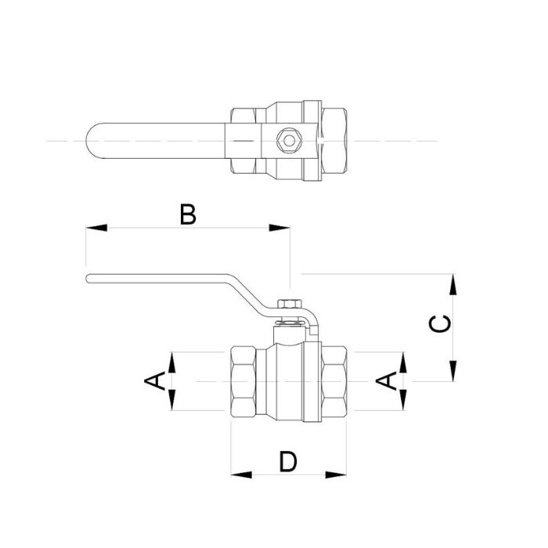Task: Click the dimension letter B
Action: pyautogui.click(x=186, y=214)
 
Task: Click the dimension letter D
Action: pyautogui.click(x=289, y=462)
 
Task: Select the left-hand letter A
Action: pyautogui.click(x=155, y=381)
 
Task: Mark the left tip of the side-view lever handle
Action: pyautogui.click(x=89, y=279)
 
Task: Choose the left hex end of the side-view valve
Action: pyautogui.click(x=249, y=381)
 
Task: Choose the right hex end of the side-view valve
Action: pyautogui.click(x=332, y=381)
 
